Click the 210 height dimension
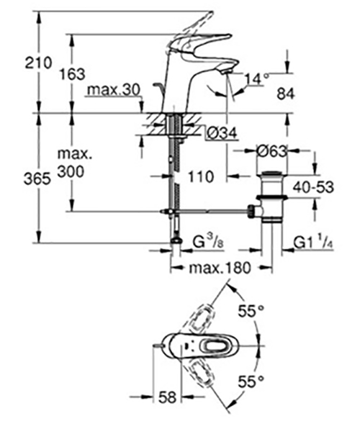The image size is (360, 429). click(x=38, y=63)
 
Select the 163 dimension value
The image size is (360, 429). click(x=73, y=74)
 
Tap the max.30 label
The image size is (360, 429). click(x=113, y=90)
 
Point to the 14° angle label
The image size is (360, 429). click(x=256, y=79)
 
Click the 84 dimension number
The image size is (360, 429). click(x=286, y=94)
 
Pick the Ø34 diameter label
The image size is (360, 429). click(x=222, y=134)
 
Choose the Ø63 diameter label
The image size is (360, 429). click(x=272, y=151)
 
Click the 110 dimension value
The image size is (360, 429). click(x=201, y=177)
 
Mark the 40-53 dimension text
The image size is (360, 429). click(x=313, y=187)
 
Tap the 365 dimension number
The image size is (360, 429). click(x=37, y=180)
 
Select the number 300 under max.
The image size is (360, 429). click(x=71, y=172)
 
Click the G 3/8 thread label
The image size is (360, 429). click(x=208, y=242)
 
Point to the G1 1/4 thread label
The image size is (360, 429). click(x=313, y=242)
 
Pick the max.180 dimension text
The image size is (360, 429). click(x=220, y=268)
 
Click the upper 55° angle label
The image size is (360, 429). click(x=251, y=311)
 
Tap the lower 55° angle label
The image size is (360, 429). click(x=251, y=381)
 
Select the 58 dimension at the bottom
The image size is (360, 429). click(x=167, y=397)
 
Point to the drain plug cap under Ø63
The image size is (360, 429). click(x=272, y=173)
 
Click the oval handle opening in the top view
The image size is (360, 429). click(x=216, y=346)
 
